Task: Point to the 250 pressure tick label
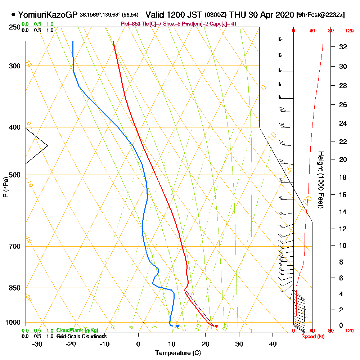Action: (15, 27)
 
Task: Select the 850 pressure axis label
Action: (15, 288)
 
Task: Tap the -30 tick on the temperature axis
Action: (37, 343)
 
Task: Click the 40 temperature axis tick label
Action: (273, 343)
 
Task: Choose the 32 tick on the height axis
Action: (343, 47)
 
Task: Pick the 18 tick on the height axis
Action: (343, 177)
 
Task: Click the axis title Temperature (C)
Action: (178, 353)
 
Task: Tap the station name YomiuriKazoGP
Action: (48, 15)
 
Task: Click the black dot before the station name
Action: (13, 15)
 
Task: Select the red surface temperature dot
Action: (216, 326)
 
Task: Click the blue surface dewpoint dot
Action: (177, 326)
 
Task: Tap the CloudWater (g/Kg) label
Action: (77, 330)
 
